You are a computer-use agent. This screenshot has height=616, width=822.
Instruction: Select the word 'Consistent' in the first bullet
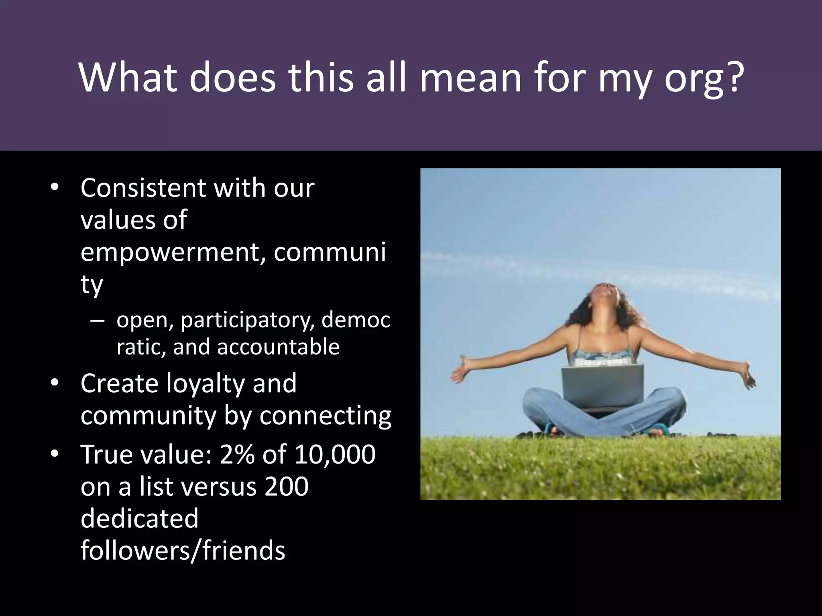(x=142, y=188)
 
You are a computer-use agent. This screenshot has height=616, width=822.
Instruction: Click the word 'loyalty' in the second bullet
(x=205, y=384)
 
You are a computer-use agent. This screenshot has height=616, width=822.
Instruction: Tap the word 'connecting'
(x=325, y=415)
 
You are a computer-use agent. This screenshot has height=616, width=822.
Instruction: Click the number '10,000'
(x=335, y=454)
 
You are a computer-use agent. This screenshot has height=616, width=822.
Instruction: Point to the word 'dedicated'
(x=139, y=518)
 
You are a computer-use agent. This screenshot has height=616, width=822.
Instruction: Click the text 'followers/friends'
(x=183, y=550)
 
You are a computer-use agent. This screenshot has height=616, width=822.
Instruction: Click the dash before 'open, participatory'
(x=98, y=321)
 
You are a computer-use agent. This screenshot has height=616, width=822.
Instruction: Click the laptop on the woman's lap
(x=602, y=385)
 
